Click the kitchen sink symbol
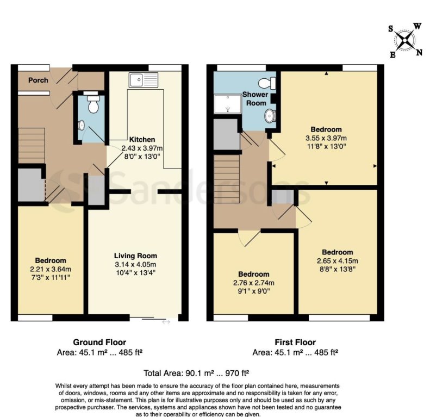pos(143,80)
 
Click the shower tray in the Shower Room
pos(227,104)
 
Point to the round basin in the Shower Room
pos(270,116)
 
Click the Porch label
pos(38,80)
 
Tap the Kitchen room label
pos(142,140)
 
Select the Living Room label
pos(135,256)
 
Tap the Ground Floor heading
pos(99,343)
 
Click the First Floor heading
pos(295,343)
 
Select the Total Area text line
pos(196,374)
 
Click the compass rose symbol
pos(404,39)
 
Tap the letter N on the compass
pos(419,52)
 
